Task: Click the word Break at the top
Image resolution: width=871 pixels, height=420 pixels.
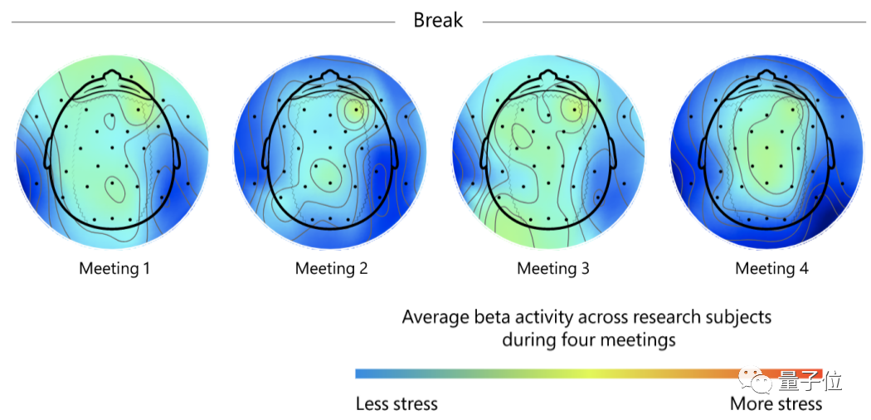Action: [438, 20]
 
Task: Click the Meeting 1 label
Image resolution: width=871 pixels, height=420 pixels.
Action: [114, 268]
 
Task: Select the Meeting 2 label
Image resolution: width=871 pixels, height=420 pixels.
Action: [331, 268]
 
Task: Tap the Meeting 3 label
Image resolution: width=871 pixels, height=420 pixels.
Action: [553, 268]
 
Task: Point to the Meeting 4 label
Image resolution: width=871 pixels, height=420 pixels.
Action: [771, 268]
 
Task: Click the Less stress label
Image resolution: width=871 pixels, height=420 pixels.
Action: [397, 404]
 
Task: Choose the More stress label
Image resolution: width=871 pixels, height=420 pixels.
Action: [776, 404]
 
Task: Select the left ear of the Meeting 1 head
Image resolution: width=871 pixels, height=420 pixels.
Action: [48, 154]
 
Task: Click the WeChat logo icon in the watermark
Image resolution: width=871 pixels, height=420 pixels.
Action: [758, 382]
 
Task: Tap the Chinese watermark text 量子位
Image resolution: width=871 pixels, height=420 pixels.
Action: [810, 382]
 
